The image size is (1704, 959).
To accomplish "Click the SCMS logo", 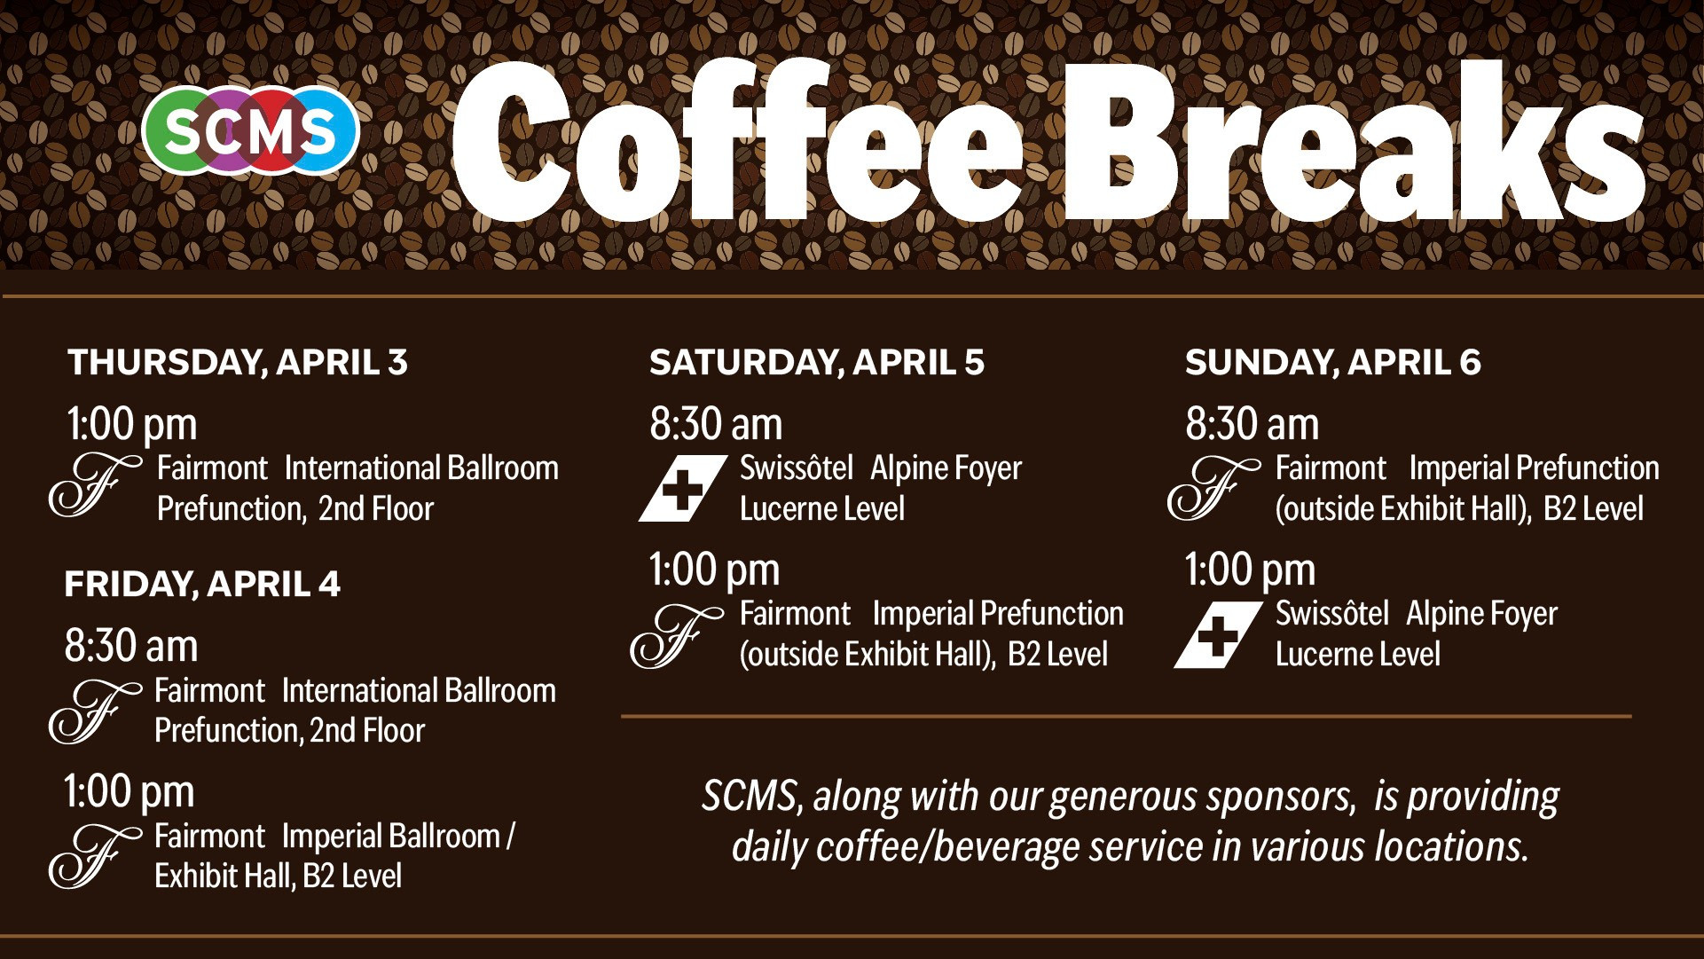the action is point(250,130).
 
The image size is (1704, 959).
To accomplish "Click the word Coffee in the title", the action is point(738,140).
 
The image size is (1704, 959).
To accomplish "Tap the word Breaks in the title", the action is point(1355,140).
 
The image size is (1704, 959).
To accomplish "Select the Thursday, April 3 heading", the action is point(237,362).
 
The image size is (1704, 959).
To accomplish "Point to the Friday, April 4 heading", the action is point(202,584).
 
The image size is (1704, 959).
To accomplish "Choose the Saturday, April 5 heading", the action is point(817,362).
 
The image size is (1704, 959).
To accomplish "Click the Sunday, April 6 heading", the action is point(1333,362).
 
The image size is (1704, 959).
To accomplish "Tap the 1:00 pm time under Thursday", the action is point(132,425).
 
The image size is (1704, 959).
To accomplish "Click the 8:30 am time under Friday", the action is point(131,646).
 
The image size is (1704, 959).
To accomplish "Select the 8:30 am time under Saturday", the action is point(716,424).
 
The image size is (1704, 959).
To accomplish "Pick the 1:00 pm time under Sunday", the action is point(1251,570).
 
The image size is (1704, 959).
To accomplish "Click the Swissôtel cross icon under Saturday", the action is point(683,488).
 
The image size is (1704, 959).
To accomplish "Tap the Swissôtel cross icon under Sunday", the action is point(1218,634).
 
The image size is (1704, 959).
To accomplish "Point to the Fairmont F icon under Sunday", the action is point(1213,489).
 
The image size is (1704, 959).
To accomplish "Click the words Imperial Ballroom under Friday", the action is point(391,836).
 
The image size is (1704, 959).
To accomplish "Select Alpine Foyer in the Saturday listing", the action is point(946,468).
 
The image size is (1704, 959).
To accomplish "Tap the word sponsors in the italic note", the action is point(1281,798).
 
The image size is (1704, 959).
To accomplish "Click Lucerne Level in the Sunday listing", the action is point(1357,655).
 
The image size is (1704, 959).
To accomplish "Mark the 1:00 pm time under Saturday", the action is point(714,570).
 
